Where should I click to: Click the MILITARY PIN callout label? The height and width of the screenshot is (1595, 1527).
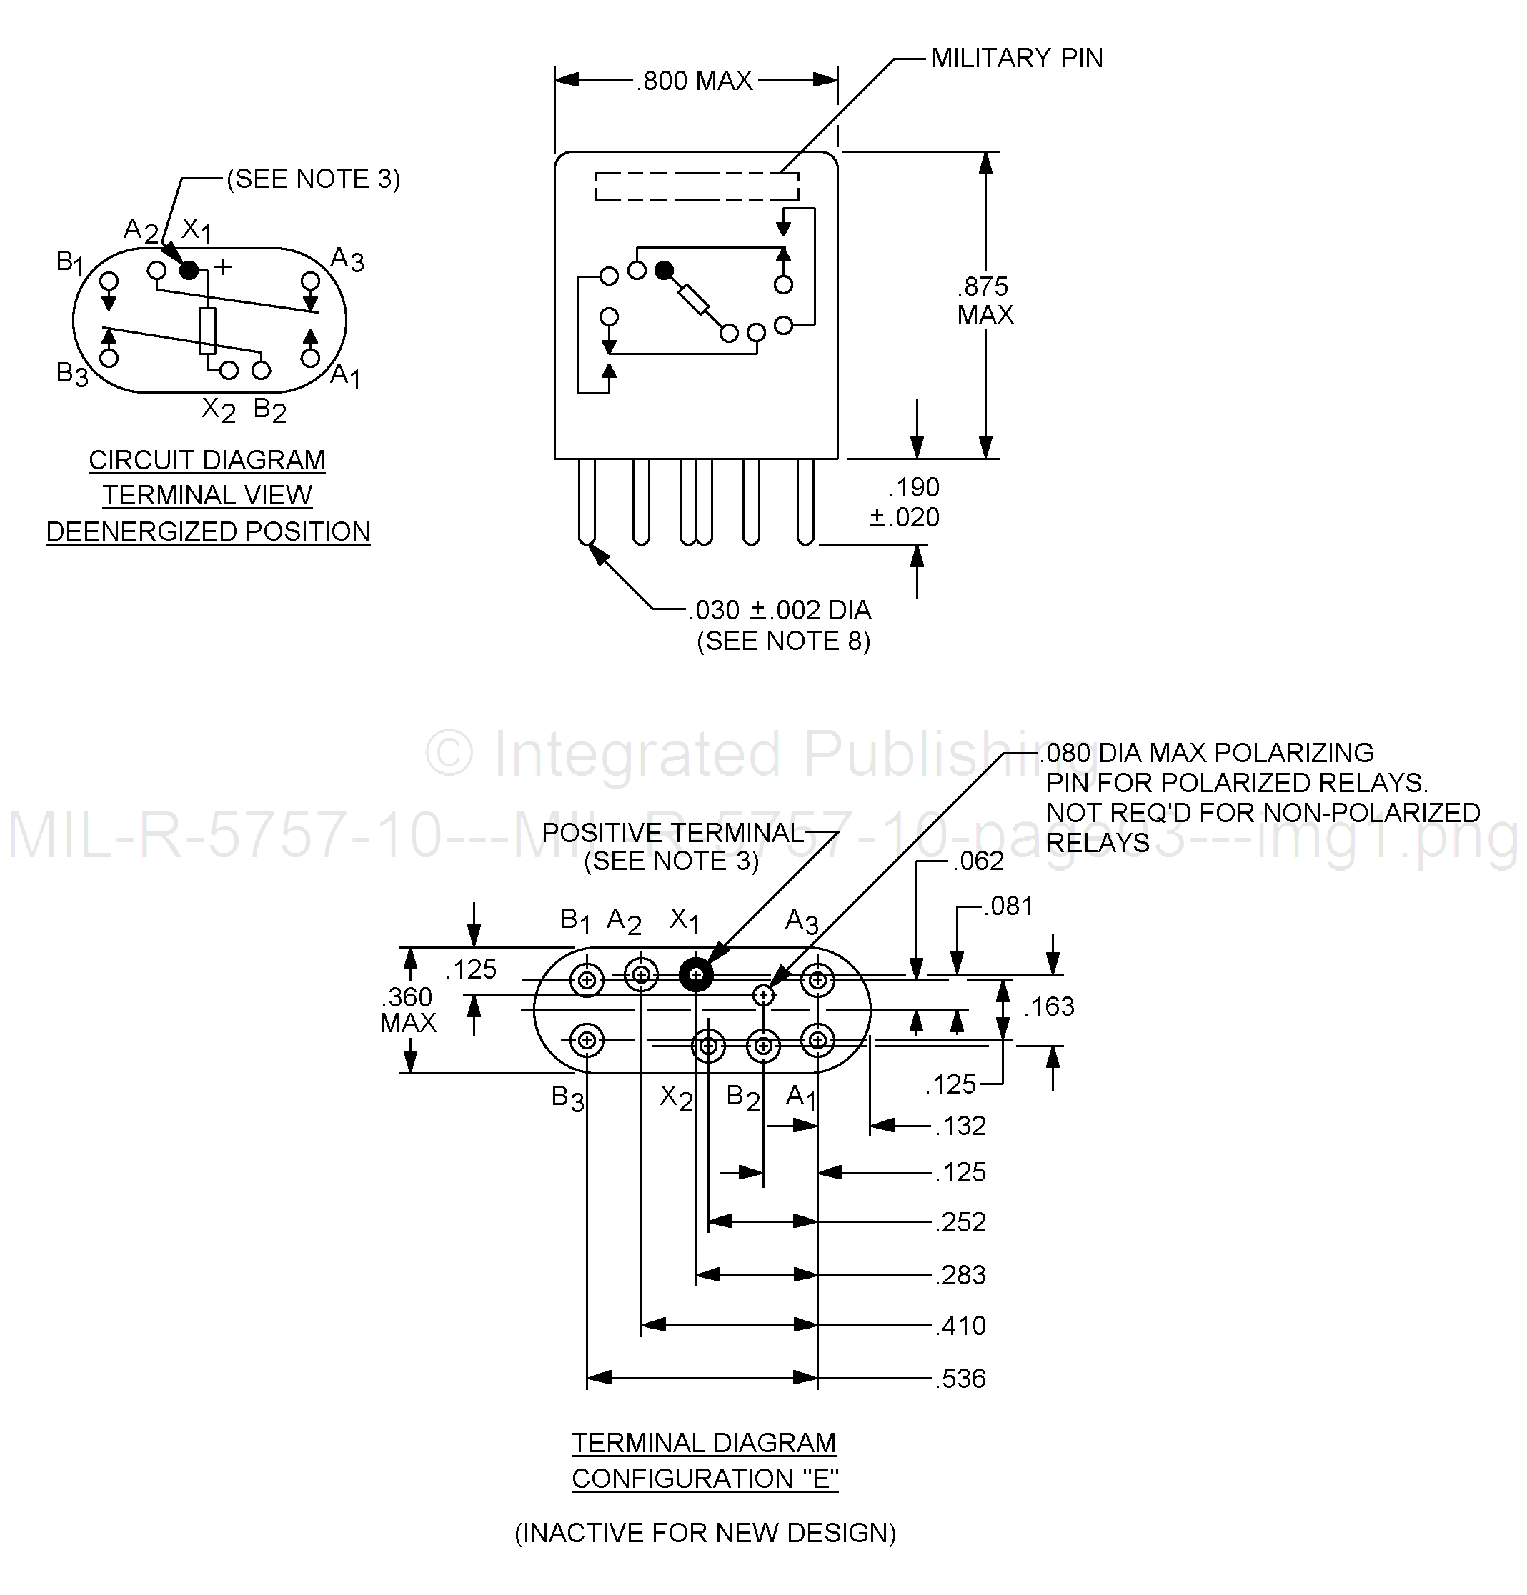[1017, 58]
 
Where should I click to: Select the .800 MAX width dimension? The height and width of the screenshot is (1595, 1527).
[696, 81]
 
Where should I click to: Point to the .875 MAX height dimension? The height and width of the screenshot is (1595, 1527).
[985, 300]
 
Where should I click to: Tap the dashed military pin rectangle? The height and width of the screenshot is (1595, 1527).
[697, 186]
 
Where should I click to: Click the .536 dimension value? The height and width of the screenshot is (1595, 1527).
[961, 1379]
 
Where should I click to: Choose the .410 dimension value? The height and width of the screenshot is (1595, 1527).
[961, 1326]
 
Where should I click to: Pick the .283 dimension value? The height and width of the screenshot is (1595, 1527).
[961, 1274]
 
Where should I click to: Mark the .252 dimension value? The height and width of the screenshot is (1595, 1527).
[961, 1221]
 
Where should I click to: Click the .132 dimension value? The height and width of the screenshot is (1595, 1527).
[961, 1126]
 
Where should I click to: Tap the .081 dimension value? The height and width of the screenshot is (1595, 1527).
[1008, 906]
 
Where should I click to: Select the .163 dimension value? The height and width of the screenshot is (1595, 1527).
[1049, 1006]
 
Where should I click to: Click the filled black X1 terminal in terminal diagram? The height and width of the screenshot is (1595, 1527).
[696, 974]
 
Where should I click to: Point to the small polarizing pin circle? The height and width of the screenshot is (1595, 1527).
[763, 994]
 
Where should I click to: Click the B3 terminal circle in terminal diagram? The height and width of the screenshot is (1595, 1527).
[587, 1040]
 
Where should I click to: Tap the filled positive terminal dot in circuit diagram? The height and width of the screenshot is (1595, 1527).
[188, 270]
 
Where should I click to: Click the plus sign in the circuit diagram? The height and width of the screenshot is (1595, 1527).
[222, 266]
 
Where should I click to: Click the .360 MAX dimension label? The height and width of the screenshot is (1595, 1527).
[409, 1009]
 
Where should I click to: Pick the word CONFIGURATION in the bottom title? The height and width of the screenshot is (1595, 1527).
[680, 1478]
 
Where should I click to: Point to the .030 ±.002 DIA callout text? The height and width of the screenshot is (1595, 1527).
[780, 609]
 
